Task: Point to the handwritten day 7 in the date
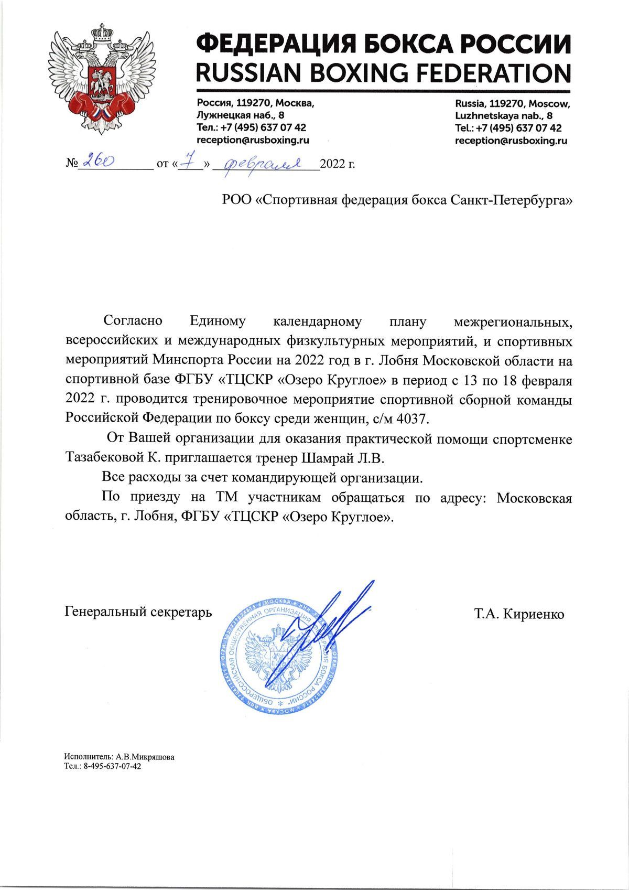point(187,164)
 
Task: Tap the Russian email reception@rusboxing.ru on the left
point(253,140)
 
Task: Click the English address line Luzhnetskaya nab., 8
point(503,115)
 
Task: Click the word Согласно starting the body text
point(133,320)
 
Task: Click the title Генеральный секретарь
point(138,612)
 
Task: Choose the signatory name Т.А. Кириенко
point(519,614)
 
